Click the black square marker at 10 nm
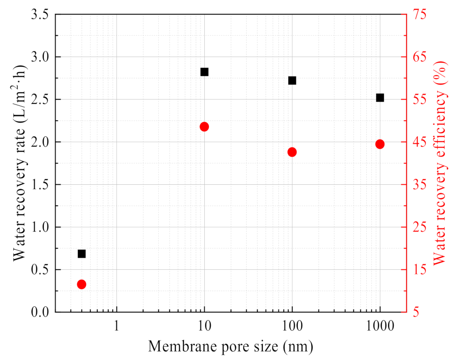point(204,72)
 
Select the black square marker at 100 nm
point(292,81)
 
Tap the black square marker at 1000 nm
point(380,98)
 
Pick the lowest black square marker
point(82,254)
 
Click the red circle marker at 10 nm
point(204,127)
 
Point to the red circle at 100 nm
point(292,152)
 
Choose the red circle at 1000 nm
point(380,144)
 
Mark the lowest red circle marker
point(82,284)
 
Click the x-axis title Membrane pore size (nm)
point(230,347)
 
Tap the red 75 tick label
point(419,15)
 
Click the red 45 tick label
point(419,142)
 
